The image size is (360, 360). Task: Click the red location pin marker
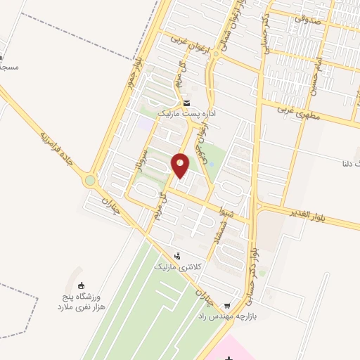(x=181, y=165)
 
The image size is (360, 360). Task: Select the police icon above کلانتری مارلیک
(x=178, y=256)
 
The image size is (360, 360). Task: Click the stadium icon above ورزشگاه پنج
(x=82, y=285)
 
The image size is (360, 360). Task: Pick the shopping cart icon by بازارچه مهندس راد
(x=226, y=306)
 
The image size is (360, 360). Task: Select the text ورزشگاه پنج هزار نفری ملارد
(x=80, y=303)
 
